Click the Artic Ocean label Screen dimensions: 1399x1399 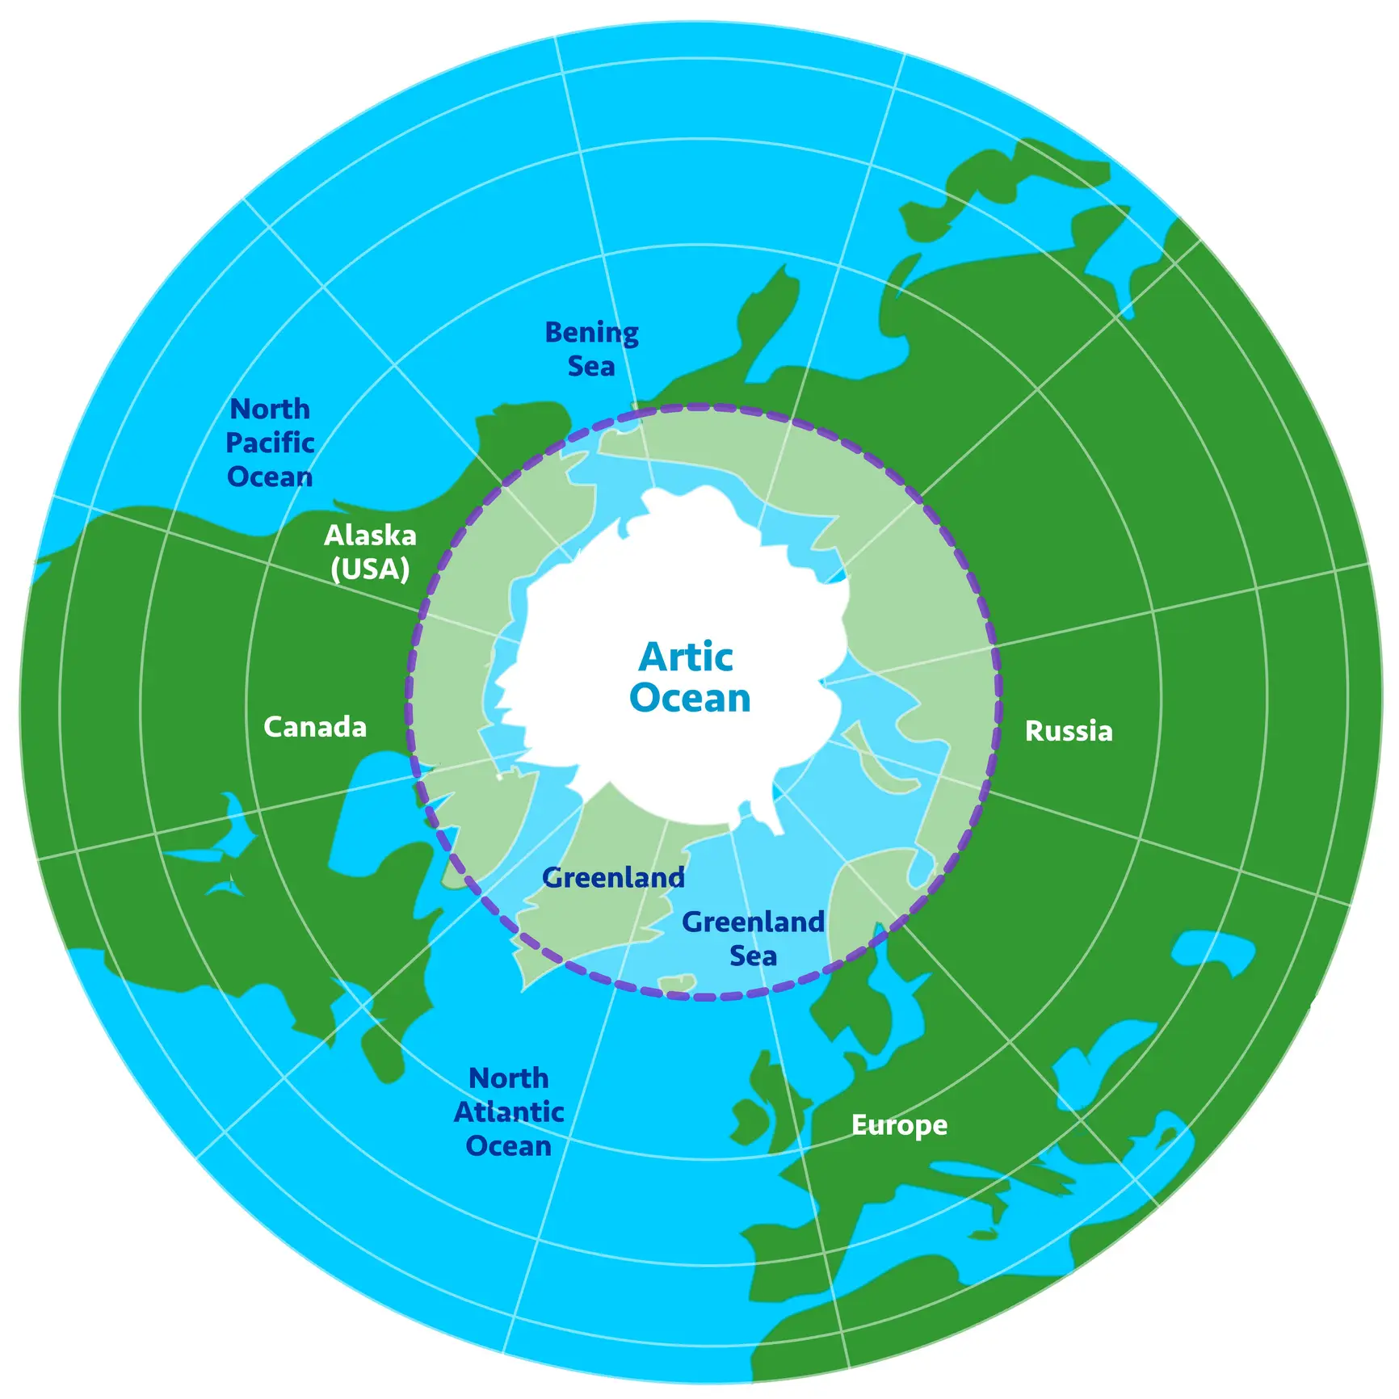(x=689, y=678)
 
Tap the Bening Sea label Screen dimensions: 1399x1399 (x=591, y=349)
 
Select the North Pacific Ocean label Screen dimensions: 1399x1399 (x=270, y=443)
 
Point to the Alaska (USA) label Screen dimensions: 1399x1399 (x=370, y=552)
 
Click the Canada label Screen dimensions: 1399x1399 (x=315, y=727)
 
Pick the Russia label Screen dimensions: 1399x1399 (x=1069, y=731)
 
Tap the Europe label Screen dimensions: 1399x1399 (x=899, y=1124)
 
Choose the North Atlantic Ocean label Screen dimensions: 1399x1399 (x=509, y=1112)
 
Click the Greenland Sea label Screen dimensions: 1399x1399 (x=753, y=939)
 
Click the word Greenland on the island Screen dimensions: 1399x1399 (x=614, y=877)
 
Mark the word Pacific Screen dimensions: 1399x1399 (x=270, y=443)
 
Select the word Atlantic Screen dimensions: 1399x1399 (x=509, y=1112)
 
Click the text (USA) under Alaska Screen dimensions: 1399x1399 (x=370, y=569)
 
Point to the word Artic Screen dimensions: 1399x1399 (x=686, y=657)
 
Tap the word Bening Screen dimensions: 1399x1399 (x=591, y=332)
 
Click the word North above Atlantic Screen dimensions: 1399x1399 (x=509, y=1078)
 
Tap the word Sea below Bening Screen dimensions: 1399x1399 (x=591, y=367)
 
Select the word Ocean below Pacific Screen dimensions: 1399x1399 (x=270, y=477)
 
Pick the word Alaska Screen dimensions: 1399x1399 (x=370, y=535)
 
